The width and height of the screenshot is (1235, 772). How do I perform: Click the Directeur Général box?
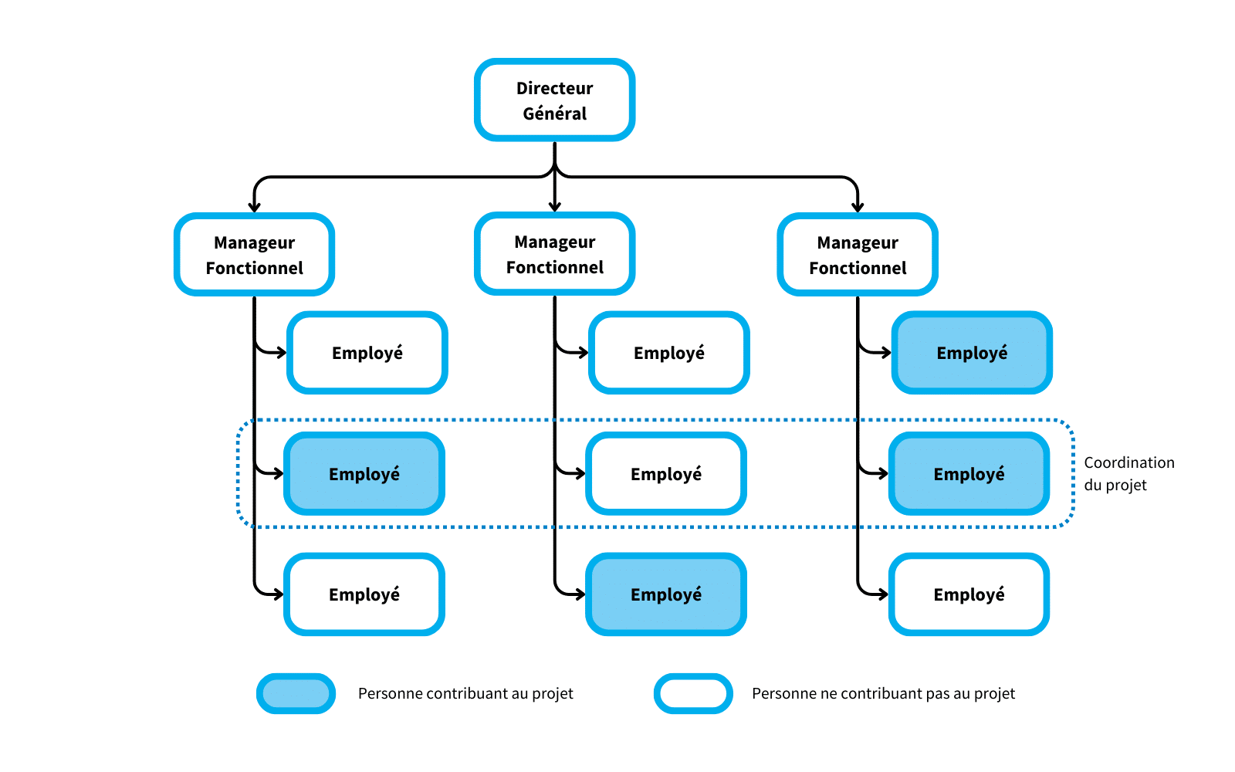554,100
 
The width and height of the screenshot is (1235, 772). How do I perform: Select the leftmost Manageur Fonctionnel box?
254,255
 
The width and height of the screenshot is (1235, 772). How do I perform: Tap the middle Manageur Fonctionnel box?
554,254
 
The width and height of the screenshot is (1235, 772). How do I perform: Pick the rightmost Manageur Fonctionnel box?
857,255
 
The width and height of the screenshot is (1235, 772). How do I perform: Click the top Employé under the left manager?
367,353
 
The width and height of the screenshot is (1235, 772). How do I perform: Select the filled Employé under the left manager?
364,473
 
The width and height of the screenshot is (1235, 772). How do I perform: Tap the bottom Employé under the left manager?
364,594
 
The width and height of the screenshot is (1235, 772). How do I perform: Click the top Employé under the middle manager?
668,353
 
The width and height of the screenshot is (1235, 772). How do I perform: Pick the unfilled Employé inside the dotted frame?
665,473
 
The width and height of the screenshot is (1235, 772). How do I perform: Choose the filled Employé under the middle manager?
665,594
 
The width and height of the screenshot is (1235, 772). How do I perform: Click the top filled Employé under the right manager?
971,353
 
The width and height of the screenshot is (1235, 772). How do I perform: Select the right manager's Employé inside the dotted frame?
969,473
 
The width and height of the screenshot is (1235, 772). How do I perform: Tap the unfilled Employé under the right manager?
969,594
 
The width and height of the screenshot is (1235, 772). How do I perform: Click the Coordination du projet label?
1128,473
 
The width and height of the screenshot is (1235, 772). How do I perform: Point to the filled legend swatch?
296,693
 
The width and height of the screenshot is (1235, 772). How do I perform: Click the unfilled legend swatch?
693,693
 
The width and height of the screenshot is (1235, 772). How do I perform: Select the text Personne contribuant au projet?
465,693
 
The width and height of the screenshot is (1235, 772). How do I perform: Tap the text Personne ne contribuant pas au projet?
883,693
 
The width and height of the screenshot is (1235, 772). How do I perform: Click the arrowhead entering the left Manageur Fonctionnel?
254,207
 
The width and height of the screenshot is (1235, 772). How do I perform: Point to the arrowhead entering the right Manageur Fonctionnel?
857,207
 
